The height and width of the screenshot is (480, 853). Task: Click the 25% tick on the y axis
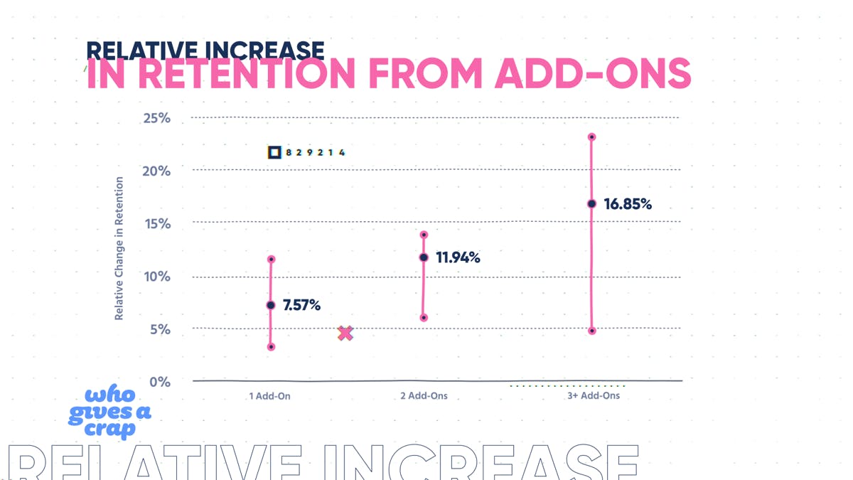[x=156, y=118]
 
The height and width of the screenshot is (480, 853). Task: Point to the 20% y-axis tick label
[x=156, y=171]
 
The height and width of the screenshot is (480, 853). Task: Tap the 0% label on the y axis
[x=160, y=382]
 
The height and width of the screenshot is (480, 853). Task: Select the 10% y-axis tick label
[x=156, y=277]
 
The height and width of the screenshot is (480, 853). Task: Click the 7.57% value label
[x=301, y=305]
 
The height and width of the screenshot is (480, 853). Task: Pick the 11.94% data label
[x=458, y=257]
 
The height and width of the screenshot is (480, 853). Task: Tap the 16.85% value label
[x=628, y=204]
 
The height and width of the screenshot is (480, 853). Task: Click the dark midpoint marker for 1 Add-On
[x=271, y=305]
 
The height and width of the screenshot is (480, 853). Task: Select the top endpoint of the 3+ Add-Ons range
[x=591, y=137]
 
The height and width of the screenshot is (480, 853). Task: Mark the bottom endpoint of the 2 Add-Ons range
[x=424, y=318]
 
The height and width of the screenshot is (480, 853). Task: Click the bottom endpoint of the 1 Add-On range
[x=271, y=347]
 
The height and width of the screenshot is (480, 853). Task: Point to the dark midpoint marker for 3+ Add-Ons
[x=591, y=204]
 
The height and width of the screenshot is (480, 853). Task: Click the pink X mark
[x=345, y=333]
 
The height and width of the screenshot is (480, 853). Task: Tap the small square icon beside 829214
[x=274, y=152]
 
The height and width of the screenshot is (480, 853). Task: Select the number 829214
[x=316, y=152]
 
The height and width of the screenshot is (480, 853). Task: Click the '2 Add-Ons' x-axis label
[x=424, y=395]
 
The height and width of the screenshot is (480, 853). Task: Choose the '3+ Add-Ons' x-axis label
[x=594, y=395]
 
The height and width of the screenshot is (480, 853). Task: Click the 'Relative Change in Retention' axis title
[x=119, y=248]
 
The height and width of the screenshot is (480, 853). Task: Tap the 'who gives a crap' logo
[x=110, y=412]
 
